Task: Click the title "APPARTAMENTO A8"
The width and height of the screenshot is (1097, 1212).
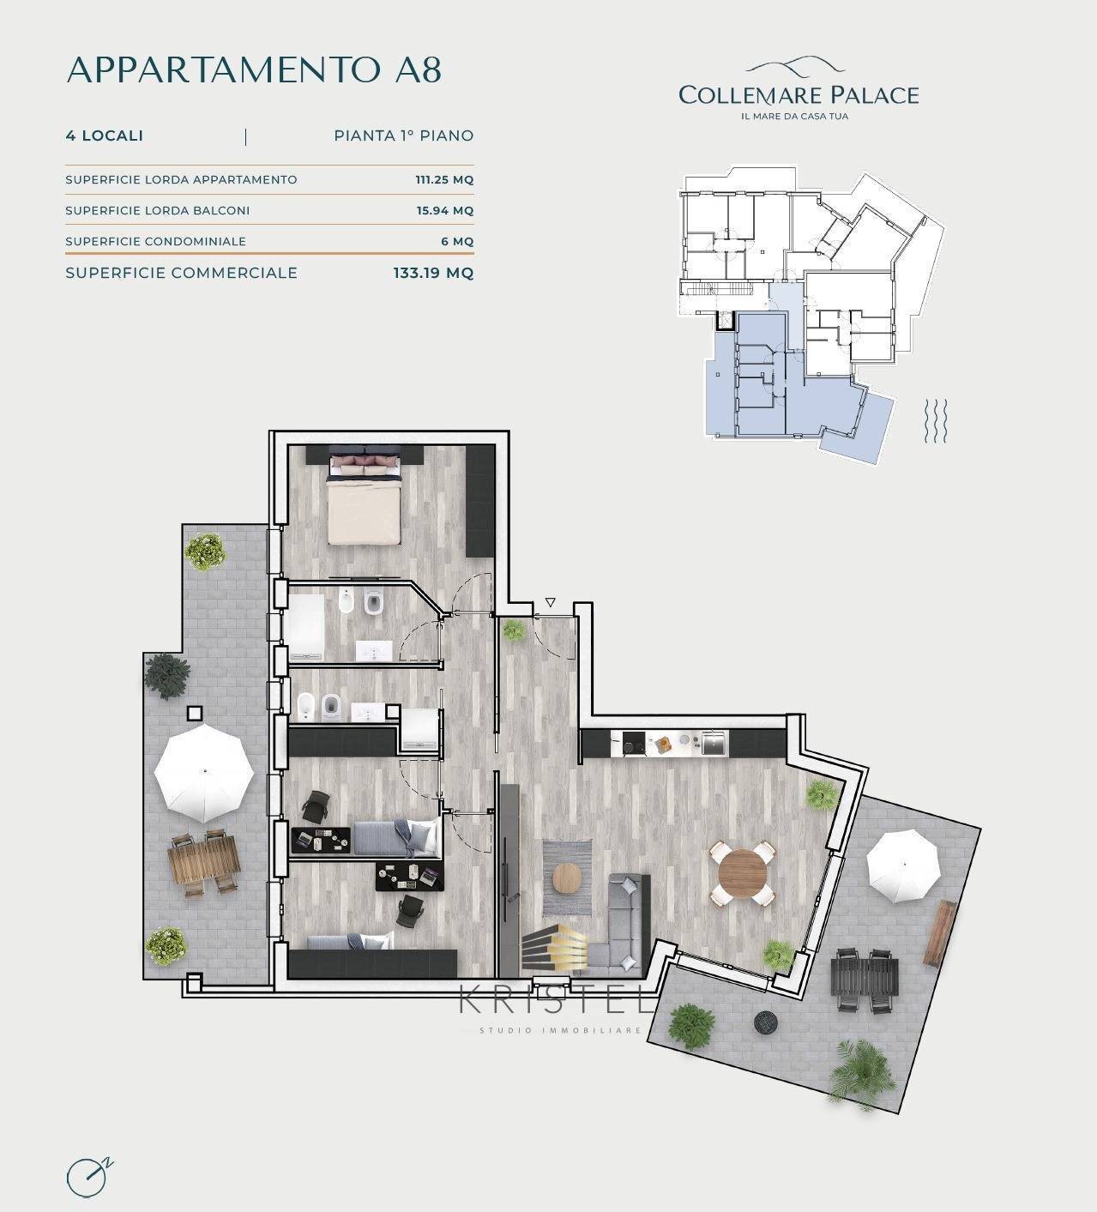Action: click(254, 69)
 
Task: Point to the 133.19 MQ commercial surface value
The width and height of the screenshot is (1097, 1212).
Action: click(433, 273)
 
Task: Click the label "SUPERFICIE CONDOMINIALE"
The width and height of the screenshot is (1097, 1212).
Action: click(155, 242)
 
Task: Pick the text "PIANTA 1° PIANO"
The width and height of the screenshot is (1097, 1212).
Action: click(403, 136)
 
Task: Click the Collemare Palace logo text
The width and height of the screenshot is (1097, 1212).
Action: click(798, 94)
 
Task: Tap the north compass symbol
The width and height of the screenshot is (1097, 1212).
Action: click(87, 1177)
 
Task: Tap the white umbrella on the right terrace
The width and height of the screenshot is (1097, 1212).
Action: click(903, 865)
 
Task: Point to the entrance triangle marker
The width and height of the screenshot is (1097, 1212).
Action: click(550, 603)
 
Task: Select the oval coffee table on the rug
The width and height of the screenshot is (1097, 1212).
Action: click(567, 877)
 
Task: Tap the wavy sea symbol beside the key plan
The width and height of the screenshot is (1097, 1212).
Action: click(936, 421)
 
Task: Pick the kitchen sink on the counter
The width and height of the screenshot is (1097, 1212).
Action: click(713, 743)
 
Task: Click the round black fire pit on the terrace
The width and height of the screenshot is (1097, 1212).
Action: click(765, 1022)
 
